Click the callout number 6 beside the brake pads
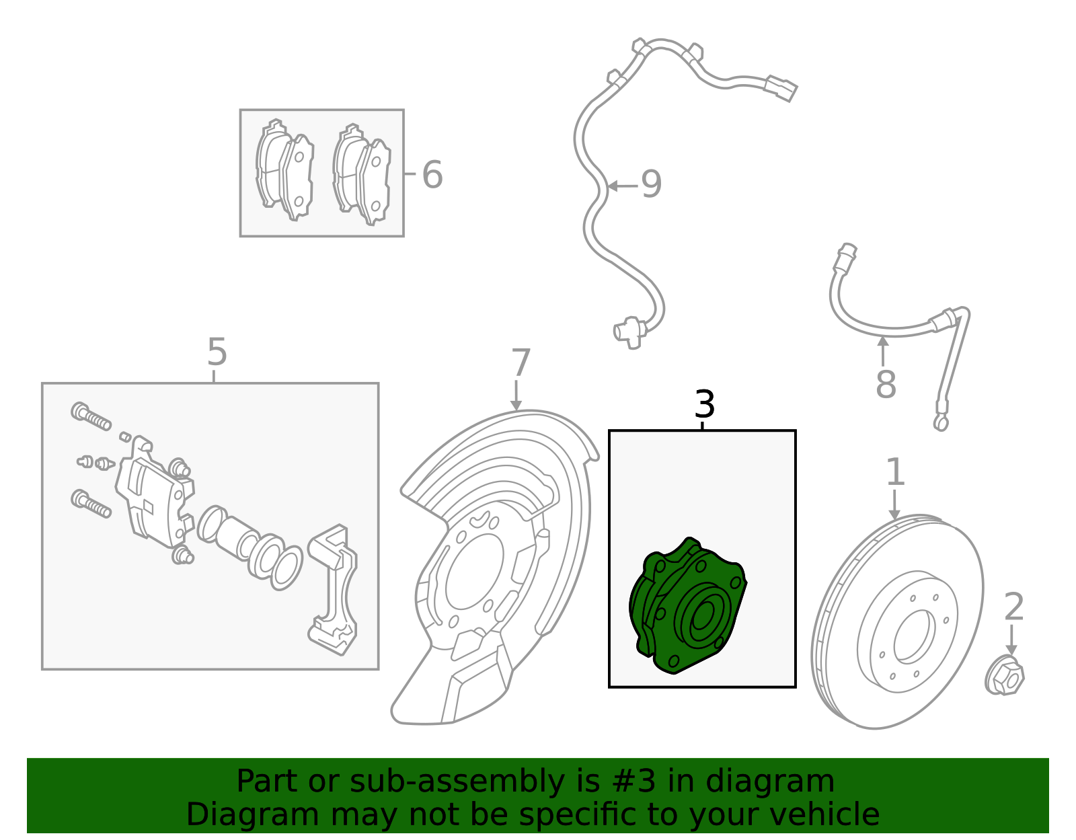click(x=432, y=175)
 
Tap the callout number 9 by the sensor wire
click(x=651, y=184)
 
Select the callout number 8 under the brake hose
click(x=886, y=385)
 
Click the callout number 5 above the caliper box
click(x=217, y=352)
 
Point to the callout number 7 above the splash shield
click(x=521, y=364)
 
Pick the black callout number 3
click(x=704, y=405)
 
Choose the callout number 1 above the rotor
click(x=894, y=472)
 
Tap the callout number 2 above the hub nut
click(x=1013, y=607)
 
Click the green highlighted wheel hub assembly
click(x=689, y=605)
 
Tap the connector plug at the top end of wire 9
click(x=781, y=88)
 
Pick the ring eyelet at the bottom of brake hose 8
click(x=941, y=423)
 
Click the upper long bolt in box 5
click(x=91, y=416)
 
